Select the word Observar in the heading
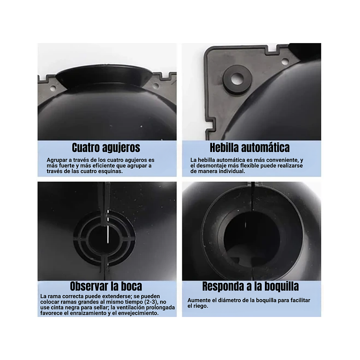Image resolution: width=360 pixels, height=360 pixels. pos(90,286)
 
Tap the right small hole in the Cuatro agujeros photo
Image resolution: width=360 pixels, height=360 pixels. pos(156,85)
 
